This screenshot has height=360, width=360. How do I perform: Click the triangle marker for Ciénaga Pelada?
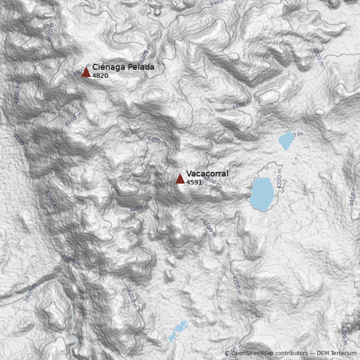tap(86, 72)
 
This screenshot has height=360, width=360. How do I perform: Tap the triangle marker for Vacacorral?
tap(180, 179)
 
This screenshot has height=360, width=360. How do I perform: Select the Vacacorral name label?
tap(207, 174)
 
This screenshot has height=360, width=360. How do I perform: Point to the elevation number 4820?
tap(100, 76)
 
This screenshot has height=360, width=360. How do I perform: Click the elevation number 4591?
tap(194, 182)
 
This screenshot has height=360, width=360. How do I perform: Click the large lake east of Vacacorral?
tap(262, 194)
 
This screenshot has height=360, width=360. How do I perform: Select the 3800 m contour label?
tap(30, 292)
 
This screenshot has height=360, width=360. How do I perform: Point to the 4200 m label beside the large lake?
tap(279, 178)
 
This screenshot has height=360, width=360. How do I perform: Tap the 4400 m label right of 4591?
tap(212, 181)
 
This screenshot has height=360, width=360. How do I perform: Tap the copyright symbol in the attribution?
tap(227, 353)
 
